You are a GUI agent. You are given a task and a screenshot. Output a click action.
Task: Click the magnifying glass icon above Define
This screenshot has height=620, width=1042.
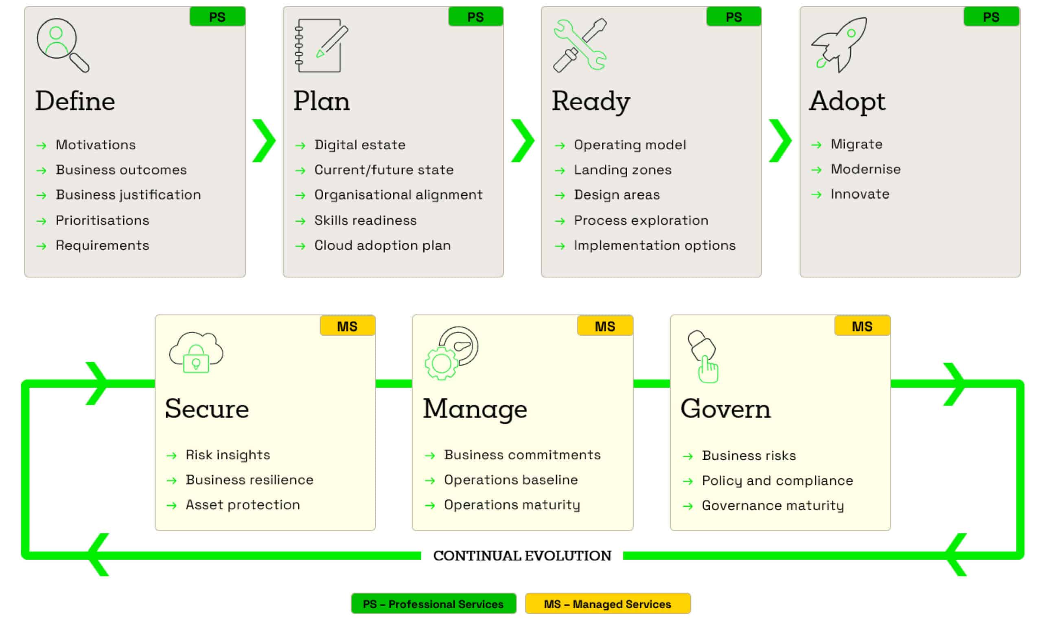(x=63, y=45)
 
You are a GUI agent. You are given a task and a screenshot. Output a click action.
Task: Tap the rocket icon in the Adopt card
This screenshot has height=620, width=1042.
(x=838, y=45)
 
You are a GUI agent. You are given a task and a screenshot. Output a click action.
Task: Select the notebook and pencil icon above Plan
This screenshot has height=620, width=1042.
(x=321, y=45)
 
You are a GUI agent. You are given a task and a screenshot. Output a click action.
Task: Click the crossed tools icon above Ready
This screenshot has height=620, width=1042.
(x=580, y=45)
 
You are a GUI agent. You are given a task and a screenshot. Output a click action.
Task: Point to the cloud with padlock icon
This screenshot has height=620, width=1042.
(x=196, y=352)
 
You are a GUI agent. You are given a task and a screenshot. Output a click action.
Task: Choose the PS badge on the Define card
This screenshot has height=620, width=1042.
(x=217, y=17)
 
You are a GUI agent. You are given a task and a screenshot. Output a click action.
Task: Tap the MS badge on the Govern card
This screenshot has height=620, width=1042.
(x=862, y=326)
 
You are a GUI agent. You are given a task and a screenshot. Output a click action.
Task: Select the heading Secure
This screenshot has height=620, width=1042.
(x=207, y=408)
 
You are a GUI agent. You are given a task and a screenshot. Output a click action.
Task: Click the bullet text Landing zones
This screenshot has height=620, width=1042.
(x=622, y=170)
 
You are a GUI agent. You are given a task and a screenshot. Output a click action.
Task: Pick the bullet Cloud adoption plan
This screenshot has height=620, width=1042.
(x=383, y=246)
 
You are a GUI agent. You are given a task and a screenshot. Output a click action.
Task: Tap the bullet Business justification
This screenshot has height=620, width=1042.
(x=128, y=195)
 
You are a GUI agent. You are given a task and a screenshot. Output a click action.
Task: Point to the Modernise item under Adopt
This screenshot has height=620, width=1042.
(x=865, y=169)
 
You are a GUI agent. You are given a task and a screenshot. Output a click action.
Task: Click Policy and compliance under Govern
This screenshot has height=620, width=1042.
(x=777, y=481)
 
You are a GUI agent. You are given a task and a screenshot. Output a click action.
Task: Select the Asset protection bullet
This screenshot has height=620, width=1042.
(x=243, y=505)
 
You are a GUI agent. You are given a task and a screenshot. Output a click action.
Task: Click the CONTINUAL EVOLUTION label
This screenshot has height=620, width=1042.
(x=522, y=556)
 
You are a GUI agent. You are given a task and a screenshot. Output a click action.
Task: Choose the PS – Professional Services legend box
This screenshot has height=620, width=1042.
(x=433, y=604)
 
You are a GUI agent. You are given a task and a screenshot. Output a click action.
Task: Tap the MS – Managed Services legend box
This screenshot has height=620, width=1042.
(x=608, y=604)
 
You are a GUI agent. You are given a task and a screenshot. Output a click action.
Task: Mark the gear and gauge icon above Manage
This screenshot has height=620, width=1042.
(x=451, y=354)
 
